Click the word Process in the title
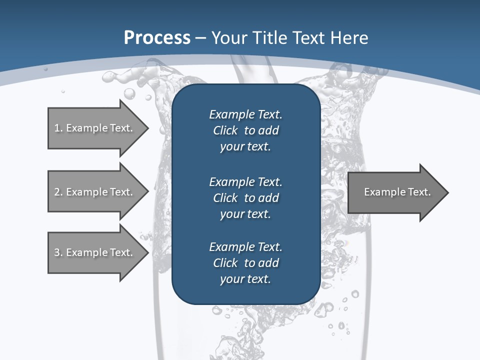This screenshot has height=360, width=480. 157,38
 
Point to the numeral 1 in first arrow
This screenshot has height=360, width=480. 57,128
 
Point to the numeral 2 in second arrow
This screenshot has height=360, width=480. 57,192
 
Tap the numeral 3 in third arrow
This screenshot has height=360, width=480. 57,252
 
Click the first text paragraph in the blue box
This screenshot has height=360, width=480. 245,130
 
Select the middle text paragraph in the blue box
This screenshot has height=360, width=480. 245,198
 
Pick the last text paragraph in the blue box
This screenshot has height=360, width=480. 245,263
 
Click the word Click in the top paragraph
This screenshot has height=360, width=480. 225,130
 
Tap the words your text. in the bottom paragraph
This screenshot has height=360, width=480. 245,279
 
